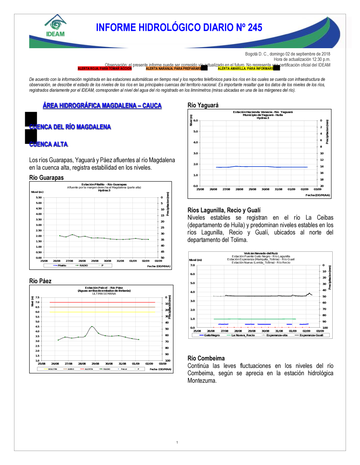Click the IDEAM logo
pos(55,26)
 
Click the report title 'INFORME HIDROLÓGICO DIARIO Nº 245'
pos(179,28)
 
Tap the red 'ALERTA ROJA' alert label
pos(105,68)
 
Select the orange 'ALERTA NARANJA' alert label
pos(174,68)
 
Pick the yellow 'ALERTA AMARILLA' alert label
pos(246,68)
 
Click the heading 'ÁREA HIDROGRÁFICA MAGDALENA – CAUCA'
pos(102,105)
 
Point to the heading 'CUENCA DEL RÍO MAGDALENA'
pos(70,127)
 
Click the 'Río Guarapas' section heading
pos(46,178)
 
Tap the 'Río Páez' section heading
pos(40,281)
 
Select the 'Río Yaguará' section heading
pos(203,105)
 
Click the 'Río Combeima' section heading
pos(206,358)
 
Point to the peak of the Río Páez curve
pos(92,326)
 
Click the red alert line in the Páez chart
pos(103,302)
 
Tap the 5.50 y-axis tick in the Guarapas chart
pos(39,197)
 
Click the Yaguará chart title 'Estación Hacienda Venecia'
pos(263,112)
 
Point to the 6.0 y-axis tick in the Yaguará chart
pos(195,120)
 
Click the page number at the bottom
pos(177,442)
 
